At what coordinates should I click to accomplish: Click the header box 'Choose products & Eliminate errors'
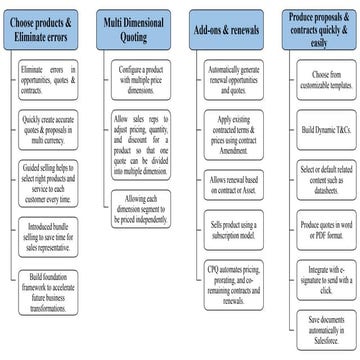(x=45, y=27)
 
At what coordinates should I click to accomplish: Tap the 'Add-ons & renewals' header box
(x=226, y=27)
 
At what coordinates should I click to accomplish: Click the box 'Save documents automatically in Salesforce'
(x=320, y=322)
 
